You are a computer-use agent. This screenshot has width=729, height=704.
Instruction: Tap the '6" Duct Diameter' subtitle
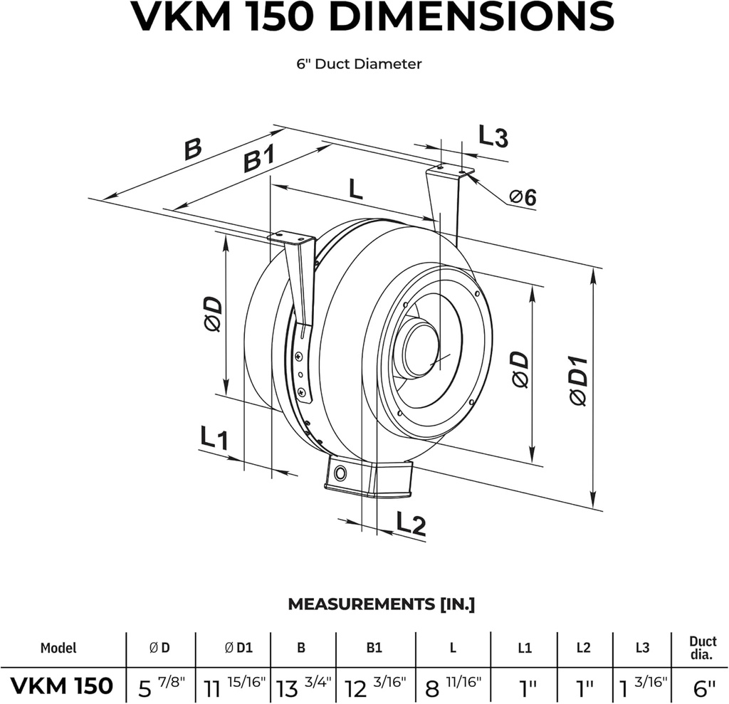tap(360, 64)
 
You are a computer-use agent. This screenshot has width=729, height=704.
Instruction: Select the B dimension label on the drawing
tap(193, 150)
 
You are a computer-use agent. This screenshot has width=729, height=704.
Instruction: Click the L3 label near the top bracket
tap(493, 136)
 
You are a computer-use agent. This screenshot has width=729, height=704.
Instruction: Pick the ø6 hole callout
tap(523, 198)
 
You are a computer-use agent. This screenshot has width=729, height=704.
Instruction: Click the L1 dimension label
tap(213, 437)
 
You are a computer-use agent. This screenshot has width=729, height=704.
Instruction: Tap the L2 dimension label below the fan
tap(411, 525)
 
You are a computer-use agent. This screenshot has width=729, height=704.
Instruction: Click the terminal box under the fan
tap(368, 478)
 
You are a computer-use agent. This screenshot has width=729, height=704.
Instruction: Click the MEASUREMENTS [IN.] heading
tap(381, 604)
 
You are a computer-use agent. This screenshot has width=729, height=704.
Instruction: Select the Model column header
tap(58, 648)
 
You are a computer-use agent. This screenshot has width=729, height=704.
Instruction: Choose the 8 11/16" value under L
tap(452, 686)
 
